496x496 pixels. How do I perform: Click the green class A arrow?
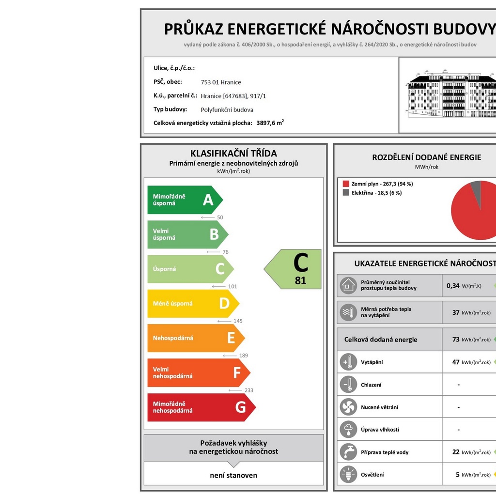click(x=185, y=200)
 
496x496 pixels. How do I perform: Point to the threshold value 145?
click(x=237, y=321)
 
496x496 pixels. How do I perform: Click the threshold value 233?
click(x=248, y=390)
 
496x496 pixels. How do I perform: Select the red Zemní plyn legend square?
click(x=346, y=184)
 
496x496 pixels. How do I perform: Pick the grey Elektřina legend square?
click(x=346, y=193)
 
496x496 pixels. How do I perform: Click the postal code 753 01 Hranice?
click(x=221, y=82)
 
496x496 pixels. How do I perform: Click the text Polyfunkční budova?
click(x=227, y=109)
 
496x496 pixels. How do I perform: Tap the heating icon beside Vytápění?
click(x=348, y=362)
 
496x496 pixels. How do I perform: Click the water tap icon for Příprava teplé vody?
click(x=348, y=452)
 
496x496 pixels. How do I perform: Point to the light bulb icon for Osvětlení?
click(x=348, y=475)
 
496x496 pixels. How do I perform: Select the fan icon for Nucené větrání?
click(x=348, y=407)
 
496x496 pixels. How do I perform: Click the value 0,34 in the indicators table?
click(x=453, y=286)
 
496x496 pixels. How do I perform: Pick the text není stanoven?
click(x=233, y=475)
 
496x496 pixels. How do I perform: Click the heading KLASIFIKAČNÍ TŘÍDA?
click(x=233, y=154)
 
